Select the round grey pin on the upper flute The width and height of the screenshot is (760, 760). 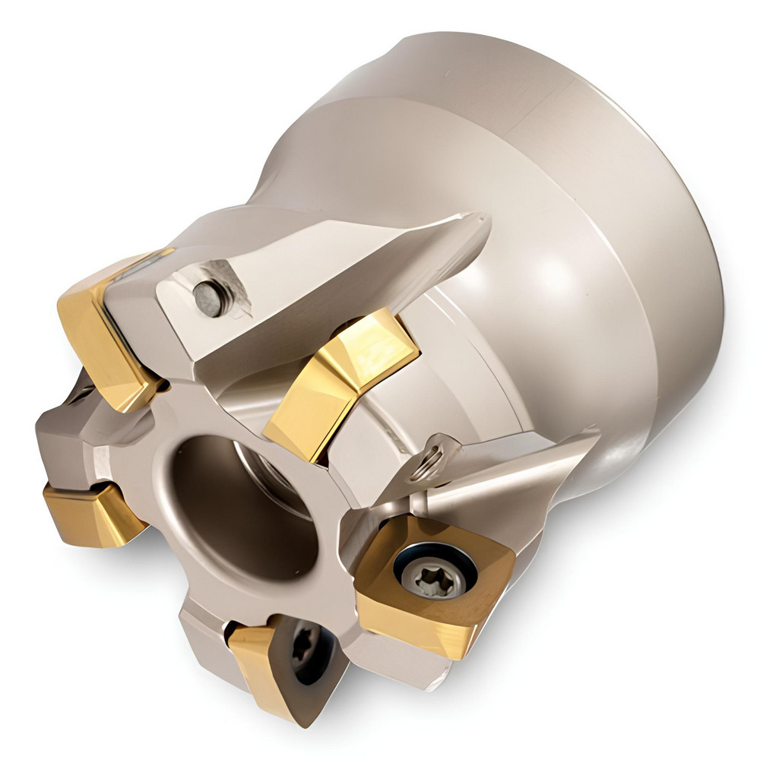click(207, 297)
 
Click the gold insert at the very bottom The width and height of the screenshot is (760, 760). click(266, 669)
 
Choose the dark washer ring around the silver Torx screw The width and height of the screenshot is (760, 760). click(456, 551)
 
